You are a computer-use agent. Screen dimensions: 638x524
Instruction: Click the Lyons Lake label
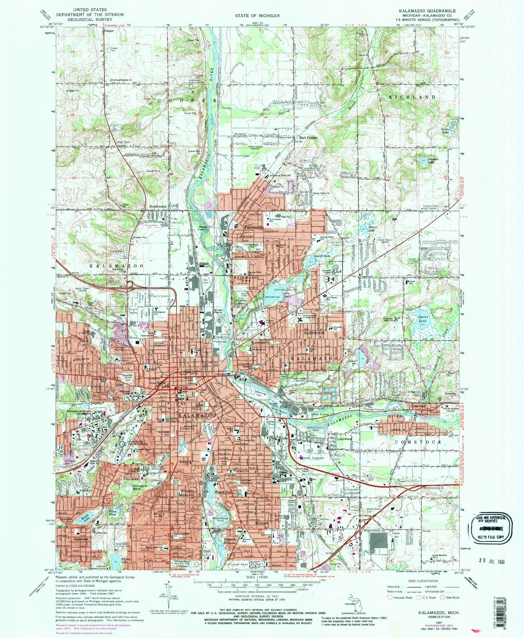point(423,318)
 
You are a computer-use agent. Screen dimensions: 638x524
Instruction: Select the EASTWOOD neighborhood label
point(314,333)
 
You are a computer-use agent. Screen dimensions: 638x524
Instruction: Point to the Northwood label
point(158,207)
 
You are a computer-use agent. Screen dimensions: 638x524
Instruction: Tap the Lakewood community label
point(339,439)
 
